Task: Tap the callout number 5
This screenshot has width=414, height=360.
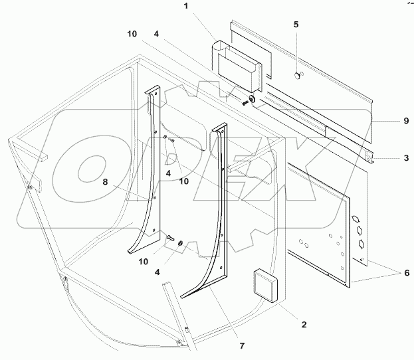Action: tap(296, 25)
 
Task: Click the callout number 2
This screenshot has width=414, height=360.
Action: tap(304, 325)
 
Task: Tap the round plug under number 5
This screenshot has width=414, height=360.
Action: tap(296, 76)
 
